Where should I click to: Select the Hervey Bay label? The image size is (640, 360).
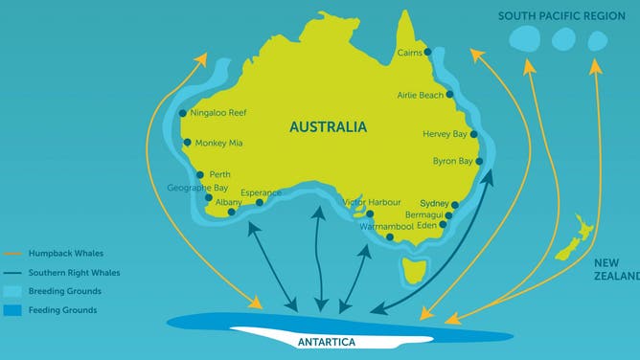click(x=443, y=134)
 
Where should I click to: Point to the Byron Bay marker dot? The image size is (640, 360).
click(x=478, y=162)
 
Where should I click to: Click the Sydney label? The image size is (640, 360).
click(x=434, y=204)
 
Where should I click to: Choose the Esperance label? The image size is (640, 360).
click(x=261, y=191)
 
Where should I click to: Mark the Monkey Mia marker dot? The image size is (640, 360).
click(x=189, y=144)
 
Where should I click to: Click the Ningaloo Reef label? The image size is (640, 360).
click(x=219, y=113)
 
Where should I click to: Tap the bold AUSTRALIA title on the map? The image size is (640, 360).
click(x=328, y=126)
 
